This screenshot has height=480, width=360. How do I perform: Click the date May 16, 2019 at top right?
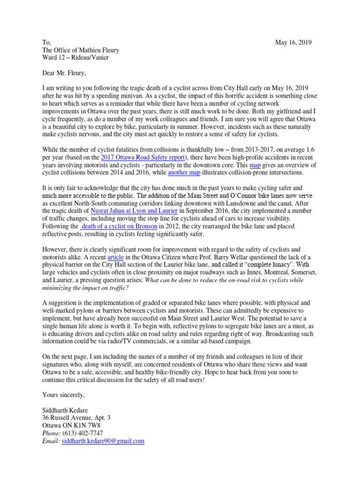(x=293, y=43)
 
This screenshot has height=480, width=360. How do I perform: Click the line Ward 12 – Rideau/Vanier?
(x=76, y=58)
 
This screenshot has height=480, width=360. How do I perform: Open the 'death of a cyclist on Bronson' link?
(x=116, y=226)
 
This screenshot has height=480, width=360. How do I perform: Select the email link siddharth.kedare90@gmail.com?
(x=103, y=441)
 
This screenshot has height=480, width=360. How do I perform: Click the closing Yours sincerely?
(x=63, y=395)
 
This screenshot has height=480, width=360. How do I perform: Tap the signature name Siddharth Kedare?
(x=66, y=410)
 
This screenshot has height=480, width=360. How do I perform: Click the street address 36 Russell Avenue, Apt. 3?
(x=76, y=418)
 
